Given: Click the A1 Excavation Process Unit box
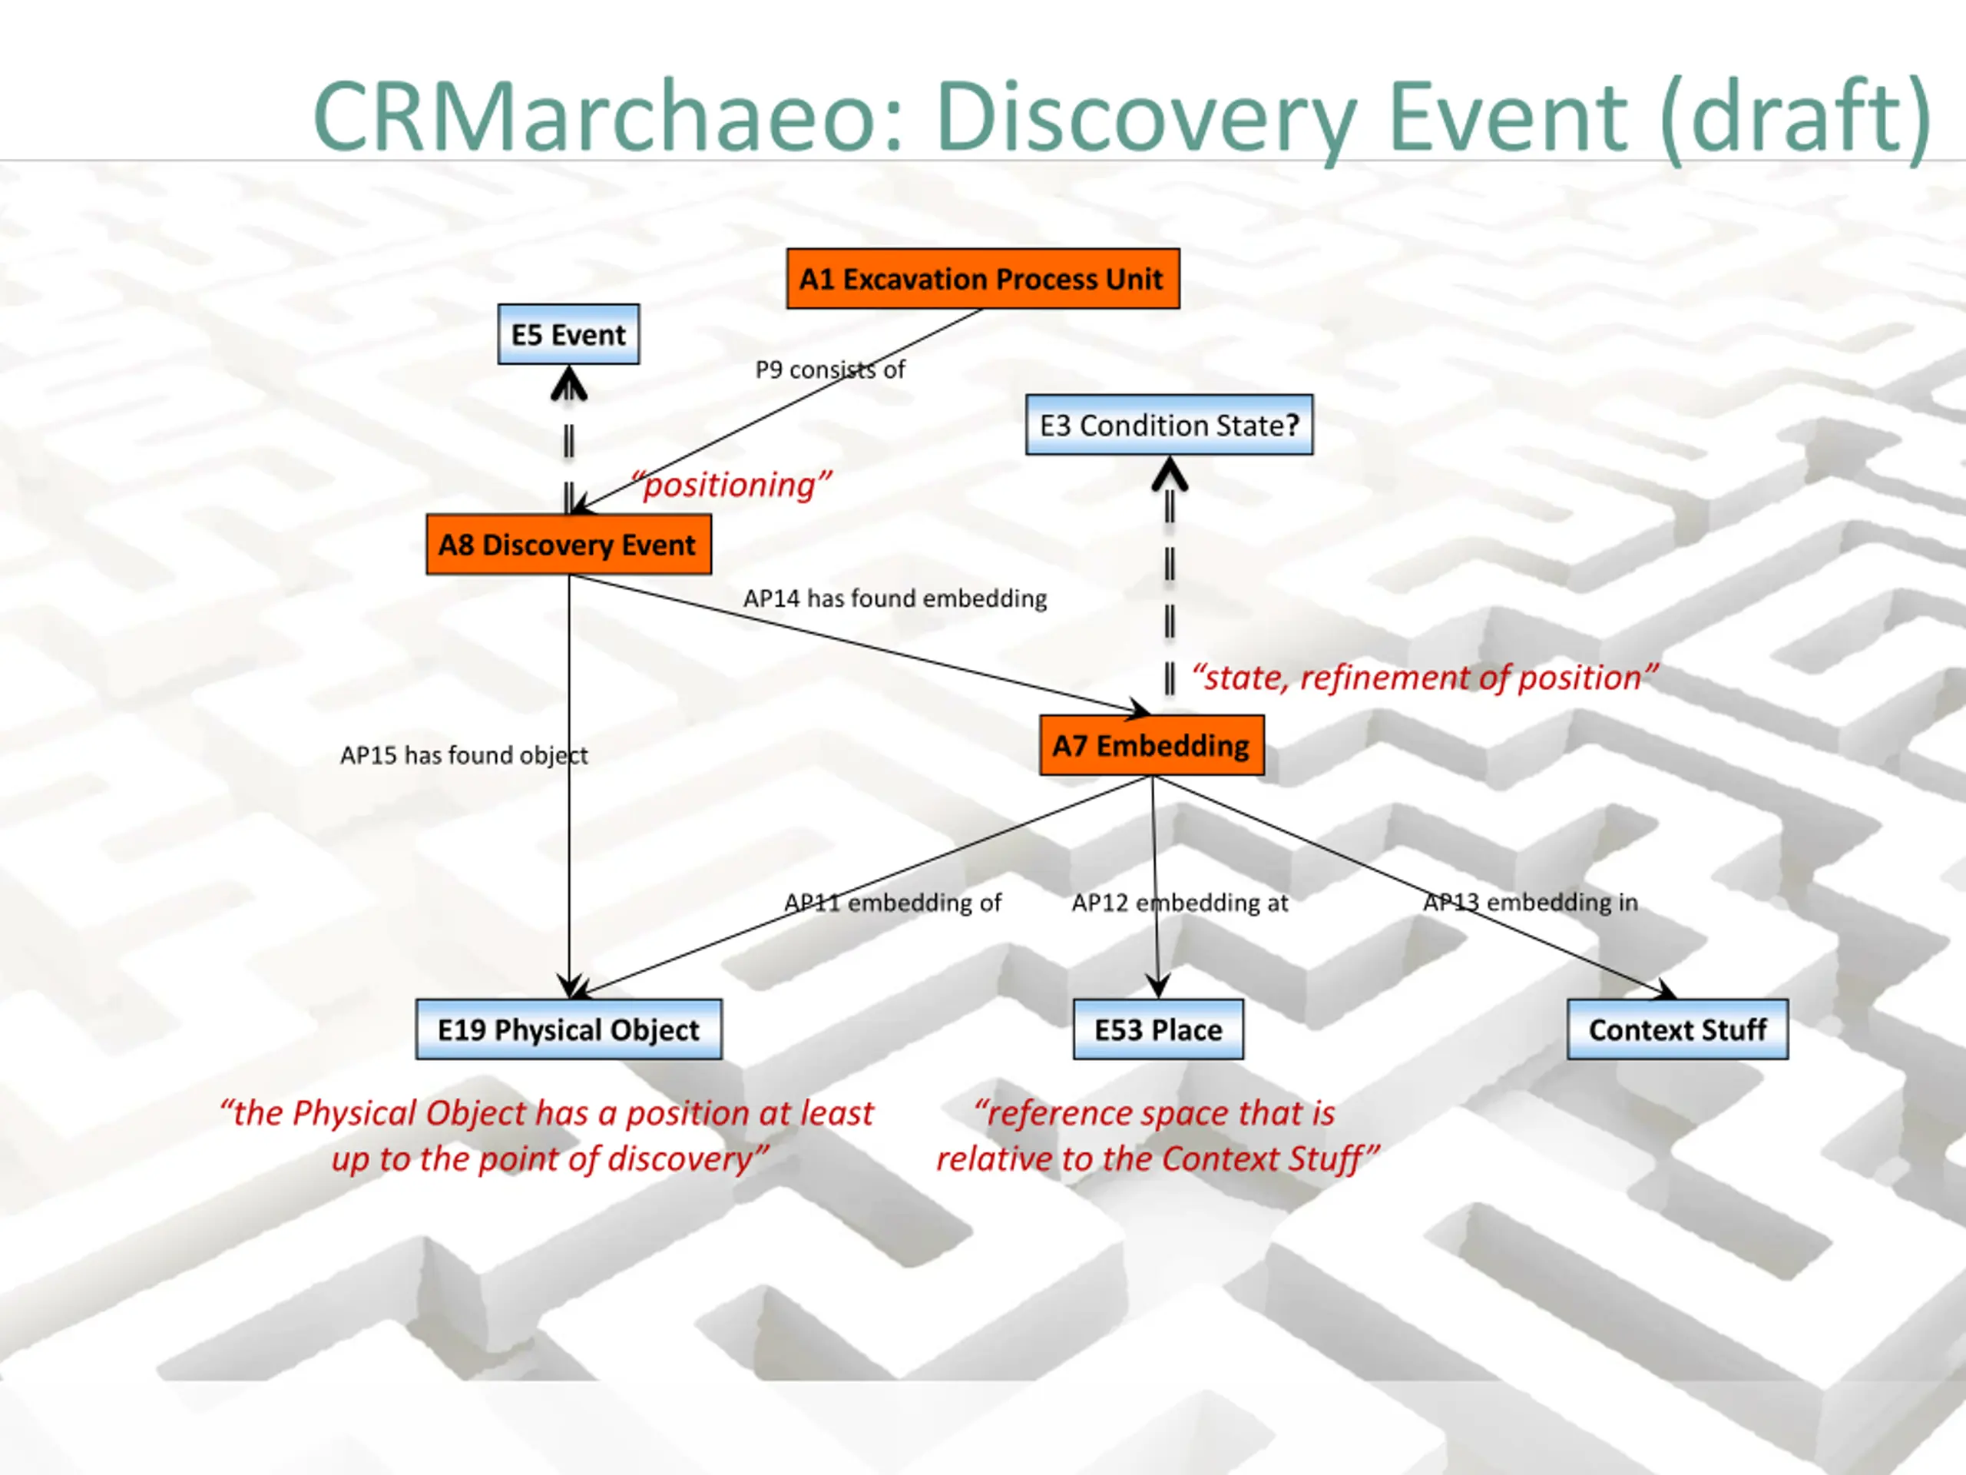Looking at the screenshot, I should pyautogui.click(x=982, y=278).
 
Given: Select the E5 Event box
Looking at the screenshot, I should pyautogui.click(x=568, y=334).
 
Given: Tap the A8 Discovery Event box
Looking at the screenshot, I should pyautogui.click(x=568, y=544).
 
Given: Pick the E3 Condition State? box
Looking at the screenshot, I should pyautogui.click(x=1169, y=425).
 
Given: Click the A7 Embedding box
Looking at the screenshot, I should pyautogui.click(x=1151, y=745).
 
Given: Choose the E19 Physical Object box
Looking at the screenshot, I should pyautogui.click(x=568, y=1029).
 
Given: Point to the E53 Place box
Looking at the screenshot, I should pyautogui.click(x=1157, y=1029).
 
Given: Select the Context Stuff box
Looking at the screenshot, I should pyautogui.click(x=1677, y=1029).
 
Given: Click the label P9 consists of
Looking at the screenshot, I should pyautogui.click(x=829, y=369).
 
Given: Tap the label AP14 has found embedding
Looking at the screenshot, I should pyautogui.click(x=894, y=598).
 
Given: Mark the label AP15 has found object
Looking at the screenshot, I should pyautogui.click(x=463, y=755).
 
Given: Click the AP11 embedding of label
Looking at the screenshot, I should pyautogui.click(x=892, y=903).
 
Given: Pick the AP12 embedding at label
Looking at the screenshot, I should pyautogui.click(x=1180, y=903).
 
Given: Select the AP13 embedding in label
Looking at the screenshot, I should pyautogui.click(x=1530, y=903).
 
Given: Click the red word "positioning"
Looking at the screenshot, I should pyautogui.click(x=730, y=485).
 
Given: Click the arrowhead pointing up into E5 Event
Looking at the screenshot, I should pyautogui.click(x=569, y=384).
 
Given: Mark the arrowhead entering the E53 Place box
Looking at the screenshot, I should pyautogui.click(x=1157, y=985).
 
